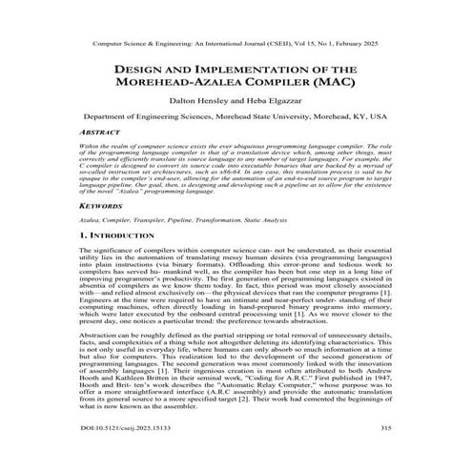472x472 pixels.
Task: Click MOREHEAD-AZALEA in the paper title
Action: [x=187, y=85]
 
